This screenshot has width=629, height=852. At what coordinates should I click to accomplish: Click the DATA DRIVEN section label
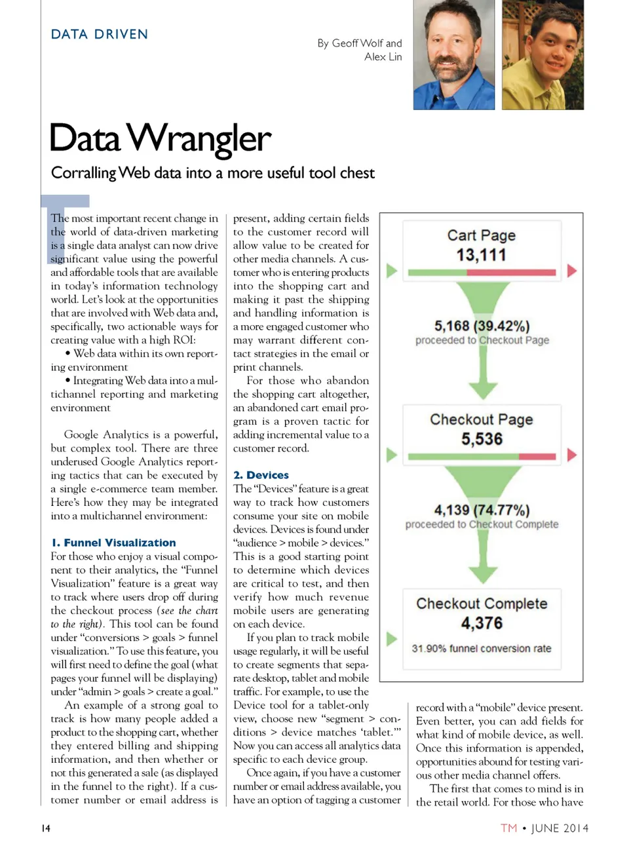[100, 34]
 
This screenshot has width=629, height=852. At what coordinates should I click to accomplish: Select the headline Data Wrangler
[160, 138]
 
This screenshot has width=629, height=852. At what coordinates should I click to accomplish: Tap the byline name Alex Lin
[383, 57]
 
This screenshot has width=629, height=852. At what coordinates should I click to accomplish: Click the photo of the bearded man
[453, 55]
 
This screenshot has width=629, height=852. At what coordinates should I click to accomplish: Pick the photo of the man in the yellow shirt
[542, 55]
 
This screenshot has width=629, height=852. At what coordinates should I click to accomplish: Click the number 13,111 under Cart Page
[482, 255]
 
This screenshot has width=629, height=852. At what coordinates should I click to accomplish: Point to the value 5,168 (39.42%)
[482, 326]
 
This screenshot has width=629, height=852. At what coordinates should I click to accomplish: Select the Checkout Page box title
[482, 419]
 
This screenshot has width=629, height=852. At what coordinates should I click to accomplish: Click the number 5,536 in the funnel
[482, 439]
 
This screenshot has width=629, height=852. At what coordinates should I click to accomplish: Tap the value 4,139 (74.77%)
[482, 510]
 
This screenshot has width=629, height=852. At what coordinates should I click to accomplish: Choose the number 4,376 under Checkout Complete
[482, 623]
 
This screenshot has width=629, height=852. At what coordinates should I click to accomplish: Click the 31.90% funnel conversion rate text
[482, 648]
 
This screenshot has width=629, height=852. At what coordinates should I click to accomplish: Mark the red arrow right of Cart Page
[572, 271]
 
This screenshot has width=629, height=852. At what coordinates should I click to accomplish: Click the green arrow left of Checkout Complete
[391, 639]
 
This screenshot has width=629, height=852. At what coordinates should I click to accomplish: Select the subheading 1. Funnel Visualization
[113, 543]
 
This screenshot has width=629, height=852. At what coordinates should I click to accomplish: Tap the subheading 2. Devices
[261, 475]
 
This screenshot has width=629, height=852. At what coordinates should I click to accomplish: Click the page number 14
[46, 828]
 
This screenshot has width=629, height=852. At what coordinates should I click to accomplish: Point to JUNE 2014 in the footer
[560, 828]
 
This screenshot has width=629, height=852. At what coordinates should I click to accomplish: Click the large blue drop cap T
[65, 226]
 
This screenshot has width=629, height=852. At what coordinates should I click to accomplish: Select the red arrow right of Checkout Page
[572, 455]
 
